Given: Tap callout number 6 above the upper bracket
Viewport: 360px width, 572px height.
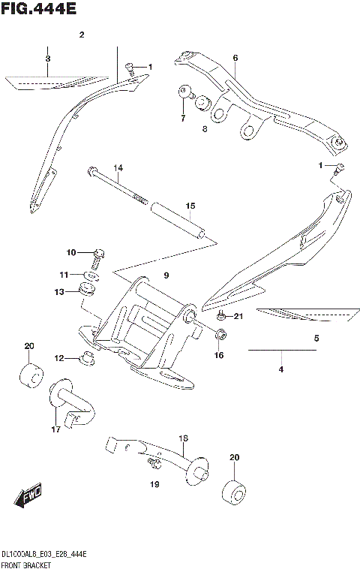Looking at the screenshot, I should tap(235, 58).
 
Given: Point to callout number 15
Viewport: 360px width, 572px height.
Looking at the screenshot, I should tap(190, 206).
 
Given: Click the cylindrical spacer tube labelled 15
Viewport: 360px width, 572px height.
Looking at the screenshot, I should tap(178, 220).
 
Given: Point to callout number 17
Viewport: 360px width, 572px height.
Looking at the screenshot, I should tap(55, 429).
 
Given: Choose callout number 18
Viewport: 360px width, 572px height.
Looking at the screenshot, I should tap(182, 438).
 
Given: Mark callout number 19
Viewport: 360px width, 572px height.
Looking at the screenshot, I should tap(155, 485).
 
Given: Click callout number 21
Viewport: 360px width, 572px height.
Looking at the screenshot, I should tap(238, 316).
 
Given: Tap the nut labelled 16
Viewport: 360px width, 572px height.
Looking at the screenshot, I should tap(220, 334).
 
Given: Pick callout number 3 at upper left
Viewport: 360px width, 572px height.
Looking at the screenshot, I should tap(47, 58).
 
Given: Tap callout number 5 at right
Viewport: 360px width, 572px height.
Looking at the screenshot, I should tap(316, 338).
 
